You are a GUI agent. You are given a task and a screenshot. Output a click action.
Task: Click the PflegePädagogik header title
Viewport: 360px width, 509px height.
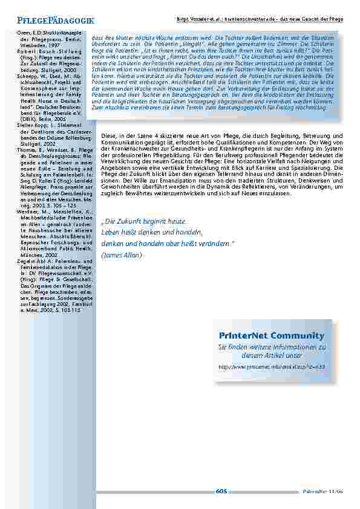(x=52, y=21)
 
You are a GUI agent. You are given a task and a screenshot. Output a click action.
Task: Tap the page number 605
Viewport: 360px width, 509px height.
(x=221, y=491)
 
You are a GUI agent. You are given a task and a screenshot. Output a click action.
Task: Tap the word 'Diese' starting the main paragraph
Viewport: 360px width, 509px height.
(x=108, y=136)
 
